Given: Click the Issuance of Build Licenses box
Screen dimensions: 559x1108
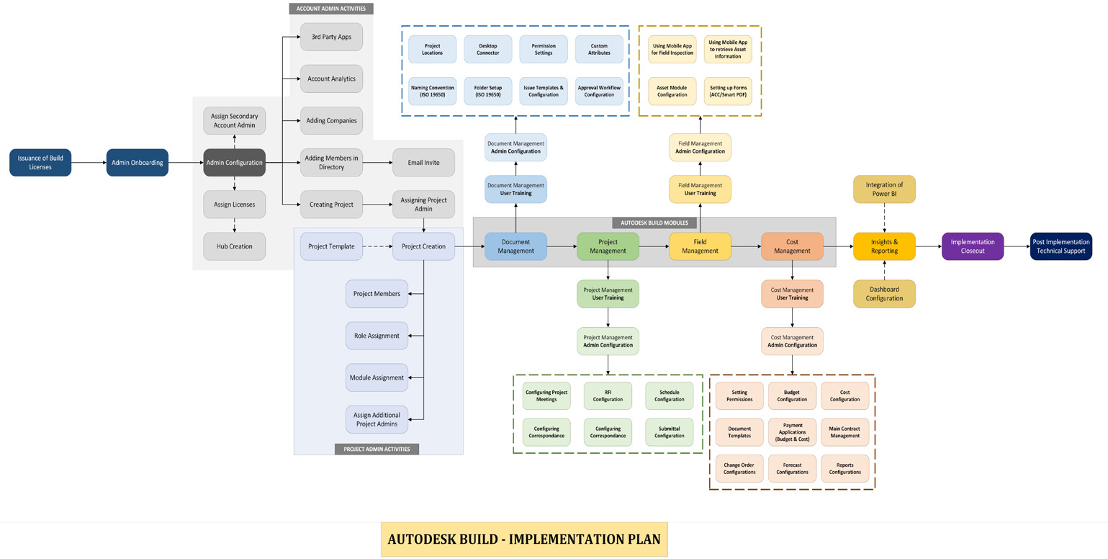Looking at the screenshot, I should (x=40, y=163).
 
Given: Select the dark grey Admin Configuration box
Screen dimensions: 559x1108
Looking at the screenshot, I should (x=234, y=163).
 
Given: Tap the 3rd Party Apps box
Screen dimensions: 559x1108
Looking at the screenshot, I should (x=331, y=37).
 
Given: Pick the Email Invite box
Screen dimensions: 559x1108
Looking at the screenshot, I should (x=423, y=163).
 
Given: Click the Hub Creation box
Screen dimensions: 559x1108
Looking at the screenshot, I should (x=234, y=246).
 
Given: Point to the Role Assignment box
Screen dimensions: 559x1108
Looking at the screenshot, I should (x=377, y=336).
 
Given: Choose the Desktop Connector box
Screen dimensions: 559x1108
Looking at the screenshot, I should (x=487, y=49).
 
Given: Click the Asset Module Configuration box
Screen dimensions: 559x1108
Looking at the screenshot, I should (x=672, y=91).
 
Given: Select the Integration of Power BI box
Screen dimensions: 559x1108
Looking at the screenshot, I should (x=884, y=189).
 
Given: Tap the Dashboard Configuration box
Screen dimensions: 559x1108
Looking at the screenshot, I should (x=884, y=294).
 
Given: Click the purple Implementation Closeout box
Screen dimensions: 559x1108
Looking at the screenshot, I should (x=972, y=246).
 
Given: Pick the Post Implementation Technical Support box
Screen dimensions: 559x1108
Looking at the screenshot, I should (x=1060, y=246).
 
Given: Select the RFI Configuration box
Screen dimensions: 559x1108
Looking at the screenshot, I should (x=608, y=395).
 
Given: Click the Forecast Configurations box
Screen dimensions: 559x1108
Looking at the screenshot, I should (x=792, y=469).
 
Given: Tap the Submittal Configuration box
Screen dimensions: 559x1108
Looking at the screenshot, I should (x=669, y=432).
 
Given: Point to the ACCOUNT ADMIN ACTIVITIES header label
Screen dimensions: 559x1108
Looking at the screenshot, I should (x=331, y=9).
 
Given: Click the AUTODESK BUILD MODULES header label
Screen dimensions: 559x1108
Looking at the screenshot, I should (x=654, y=223).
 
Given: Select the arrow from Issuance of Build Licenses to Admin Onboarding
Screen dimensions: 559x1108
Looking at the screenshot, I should (x=89, y=163).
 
